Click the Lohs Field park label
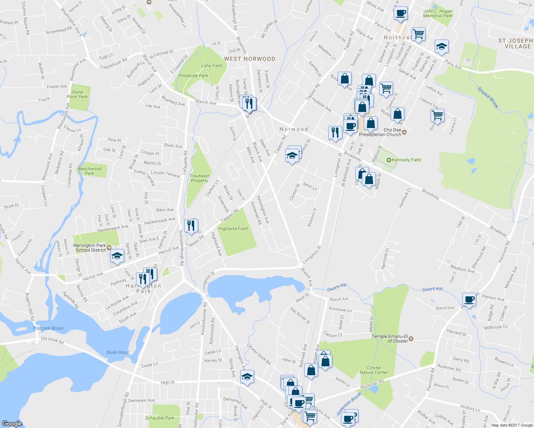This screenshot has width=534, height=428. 211,66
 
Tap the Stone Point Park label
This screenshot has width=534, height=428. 77,95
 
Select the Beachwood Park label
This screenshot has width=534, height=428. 90,171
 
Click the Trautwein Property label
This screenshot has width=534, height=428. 200,178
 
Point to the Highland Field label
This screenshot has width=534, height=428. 233,229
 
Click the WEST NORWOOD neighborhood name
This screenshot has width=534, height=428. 250,59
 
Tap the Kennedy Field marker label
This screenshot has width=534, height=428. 406,160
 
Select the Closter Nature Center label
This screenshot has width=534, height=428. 374,370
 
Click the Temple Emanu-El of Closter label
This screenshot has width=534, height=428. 390,338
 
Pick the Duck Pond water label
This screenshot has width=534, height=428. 117,352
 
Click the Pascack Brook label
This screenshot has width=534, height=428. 48,328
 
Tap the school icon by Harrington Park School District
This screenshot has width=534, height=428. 117,256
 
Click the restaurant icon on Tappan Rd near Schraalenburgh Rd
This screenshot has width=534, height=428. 191,225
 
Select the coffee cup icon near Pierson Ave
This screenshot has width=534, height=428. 469,299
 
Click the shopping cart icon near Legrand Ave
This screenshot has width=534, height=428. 437,116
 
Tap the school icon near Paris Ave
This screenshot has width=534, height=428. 442,46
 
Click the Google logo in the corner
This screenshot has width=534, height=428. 12,423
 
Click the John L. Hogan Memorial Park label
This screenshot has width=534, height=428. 438,14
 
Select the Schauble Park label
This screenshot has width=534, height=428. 160,418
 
